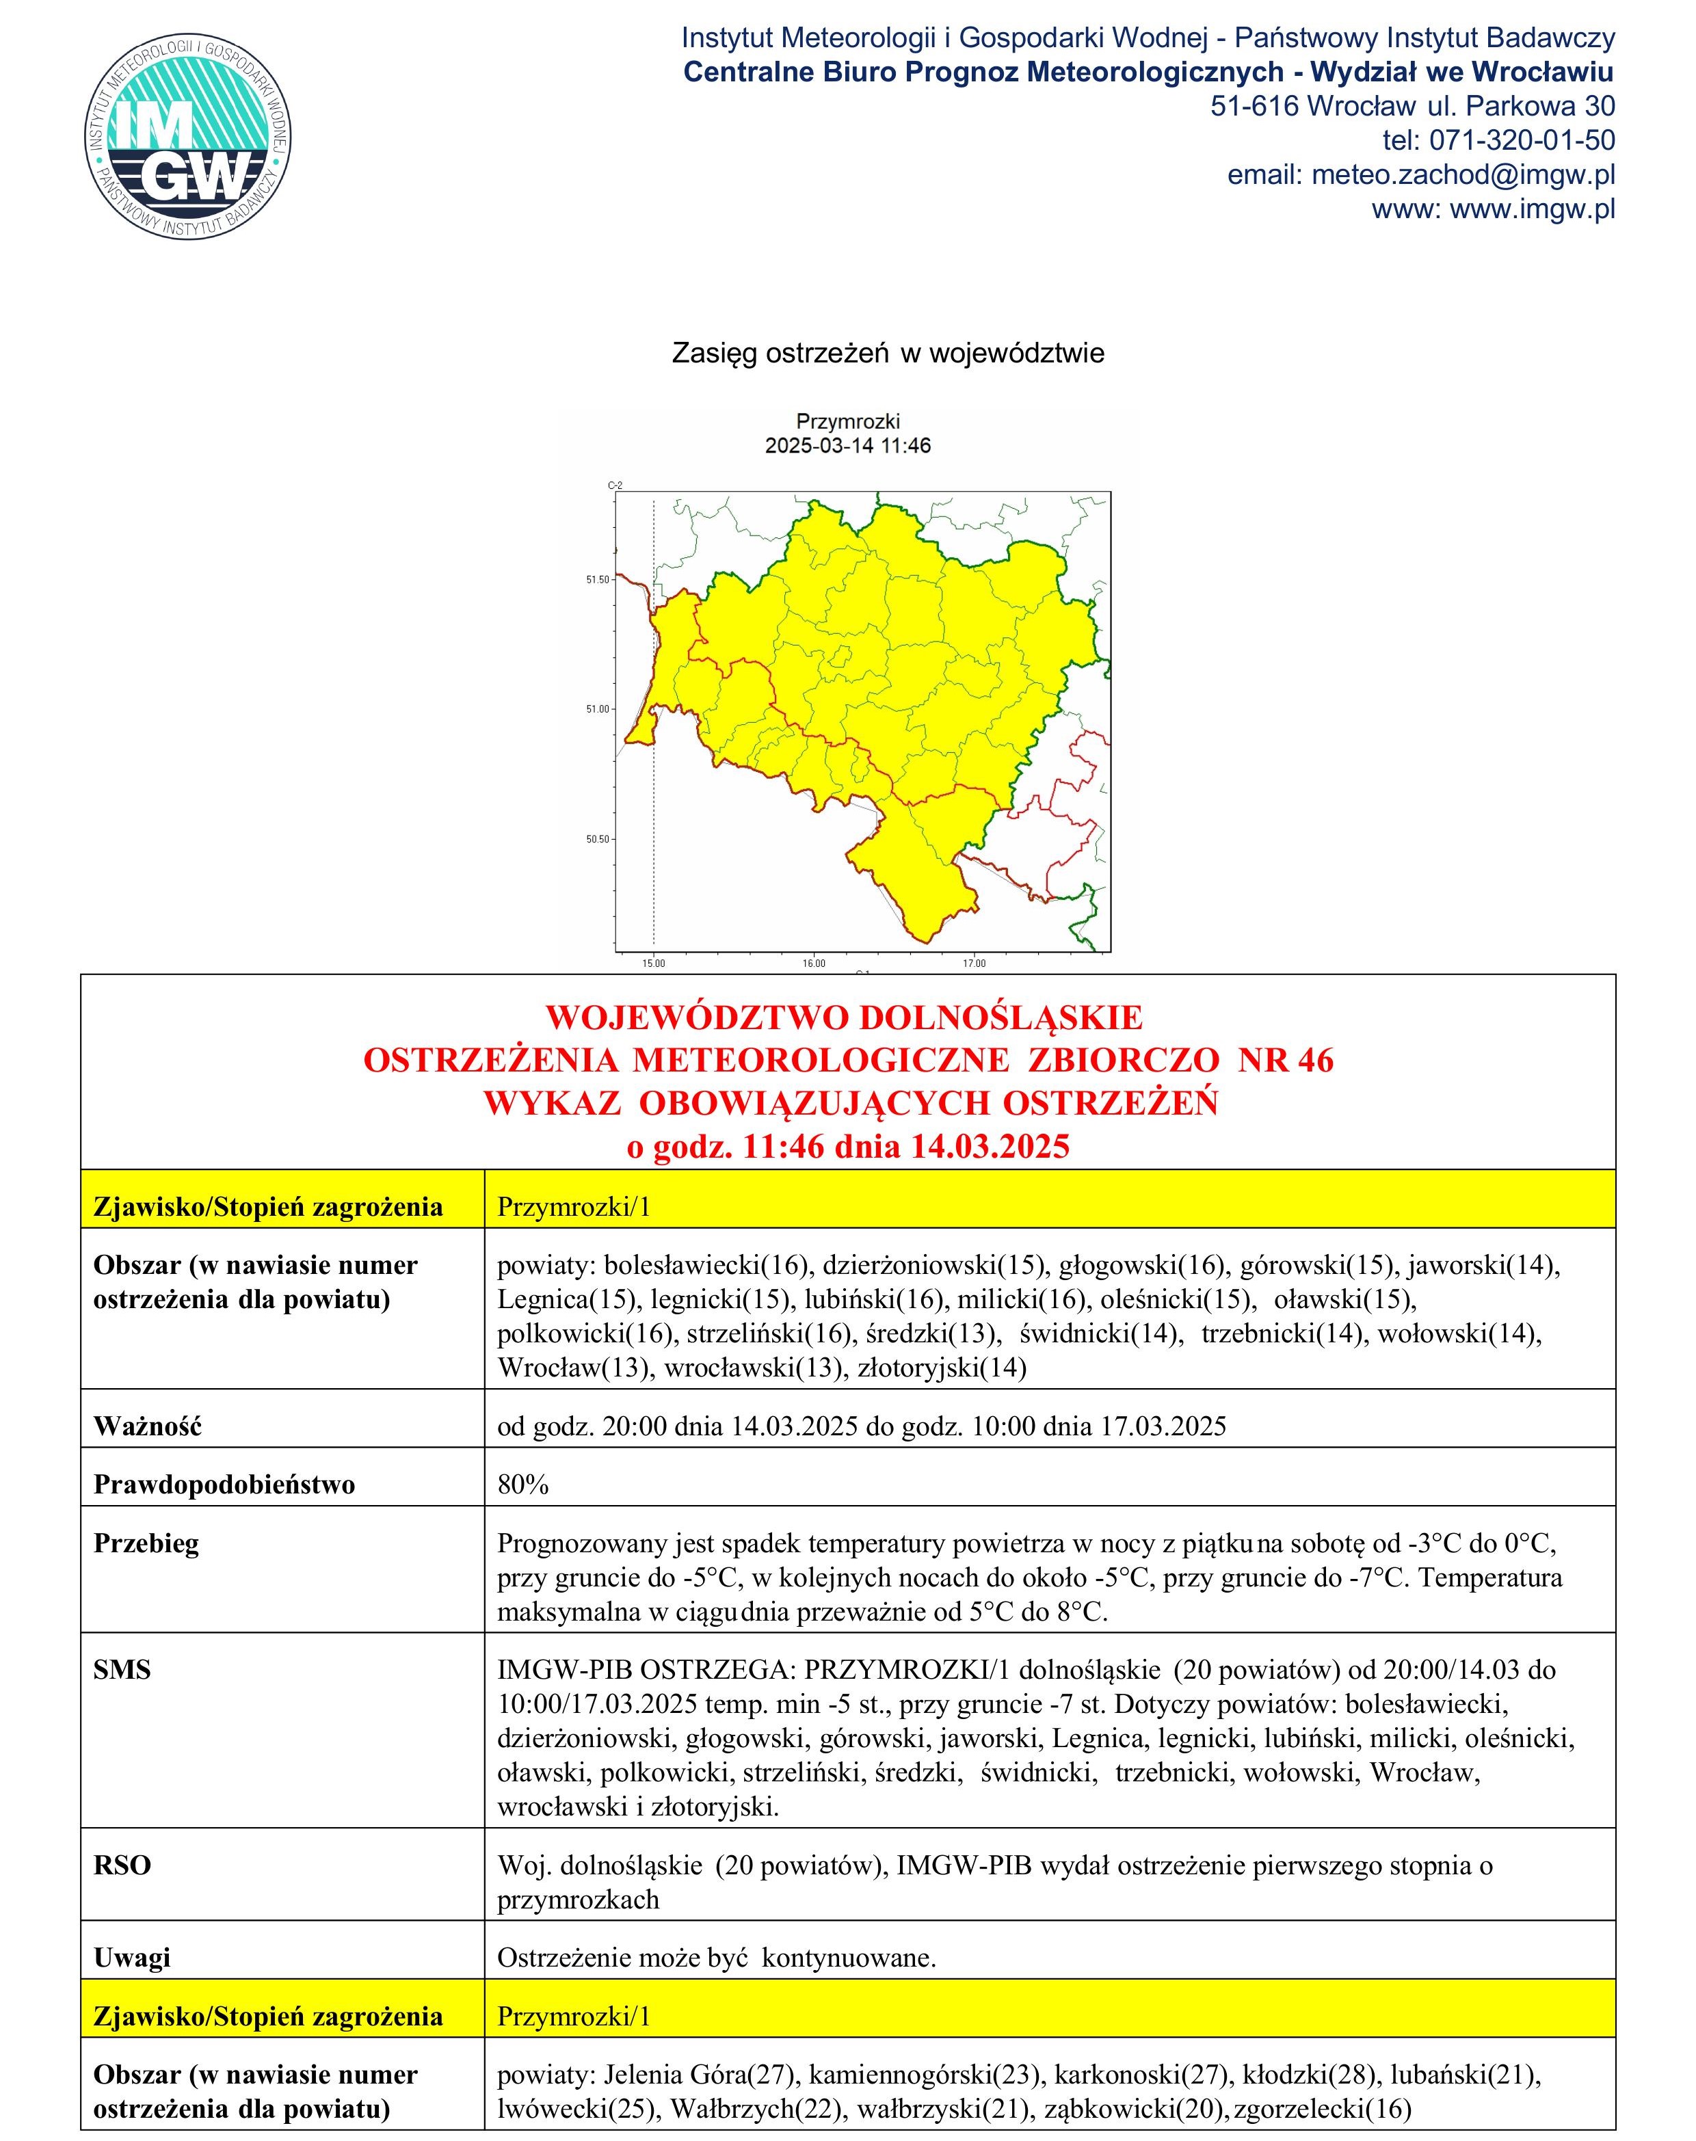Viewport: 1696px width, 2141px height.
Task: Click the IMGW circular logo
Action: coord(187,136)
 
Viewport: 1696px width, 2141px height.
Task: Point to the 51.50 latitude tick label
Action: coord(598,579)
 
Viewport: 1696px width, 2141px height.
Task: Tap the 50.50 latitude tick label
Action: coord(598,839)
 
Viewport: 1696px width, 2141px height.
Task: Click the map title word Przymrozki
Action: coord(847,422)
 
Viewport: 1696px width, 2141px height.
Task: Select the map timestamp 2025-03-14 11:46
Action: coord(847,446)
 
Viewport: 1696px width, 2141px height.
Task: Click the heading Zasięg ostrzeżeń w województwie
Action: coord(888,354)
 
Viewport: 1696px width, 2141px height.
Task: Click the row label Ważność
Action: coord(147,1427)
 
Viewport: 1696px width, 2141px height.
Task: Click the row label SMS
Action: coord(122,1671)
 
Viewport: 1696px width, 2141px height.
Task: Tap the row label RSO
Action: coord(122,1866)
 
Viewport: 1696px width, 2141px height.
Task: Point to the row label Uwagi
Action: coord(131,1958)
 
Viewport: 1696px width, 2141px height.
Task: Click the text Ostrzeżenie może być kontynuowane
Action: coord(716,1958)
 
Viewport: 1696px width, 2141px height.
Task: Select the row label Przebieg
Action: coord(146,1543)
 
